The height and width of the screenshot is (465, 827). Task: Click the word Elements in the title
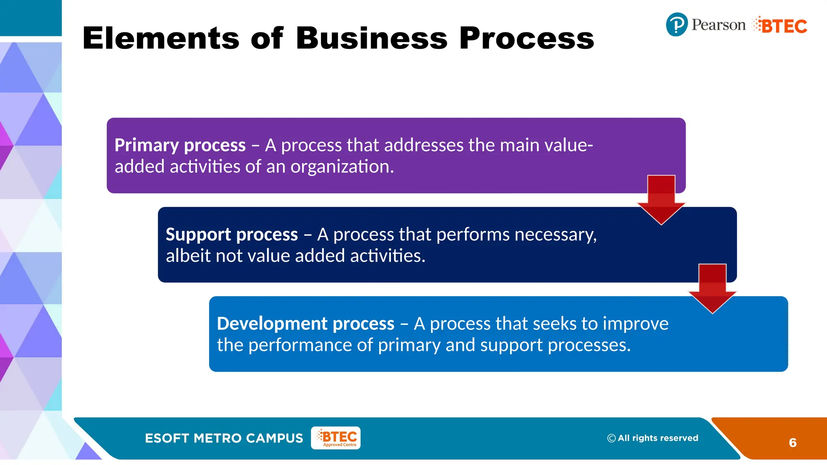coord(161,38)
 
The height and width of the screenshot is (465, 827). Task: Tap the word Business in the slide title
coord(372,38)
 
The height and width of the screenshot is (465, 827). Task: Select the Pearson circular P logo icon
coord(676,25)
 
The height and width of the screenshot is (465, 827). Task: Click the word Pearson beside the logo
coord(718,25)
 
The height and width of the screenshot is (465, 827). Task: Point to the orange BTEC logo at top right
coord(780,26)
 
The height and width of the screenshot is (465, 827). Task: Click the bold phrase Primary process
coord(180,145)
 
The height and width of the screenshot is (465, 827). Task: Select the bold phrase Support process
coord(232,235)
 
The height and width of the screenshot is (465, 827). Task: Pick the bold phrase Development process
coord(306,324)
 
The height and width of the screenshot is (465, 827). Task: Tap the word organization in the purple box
coord(342,167)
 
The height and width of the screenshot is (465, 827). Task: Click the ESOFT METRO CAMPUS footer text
coord(224,438)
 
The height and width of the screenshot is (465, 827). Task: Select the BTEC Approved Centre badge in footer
coord(336,438)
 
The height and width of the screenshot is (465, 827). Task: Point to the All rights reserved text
coord(658,438)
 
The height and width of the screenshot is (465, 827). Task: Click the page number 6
coord(792,443)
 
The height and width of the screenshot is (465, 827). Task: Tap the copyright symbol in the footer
coord(611,438)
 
